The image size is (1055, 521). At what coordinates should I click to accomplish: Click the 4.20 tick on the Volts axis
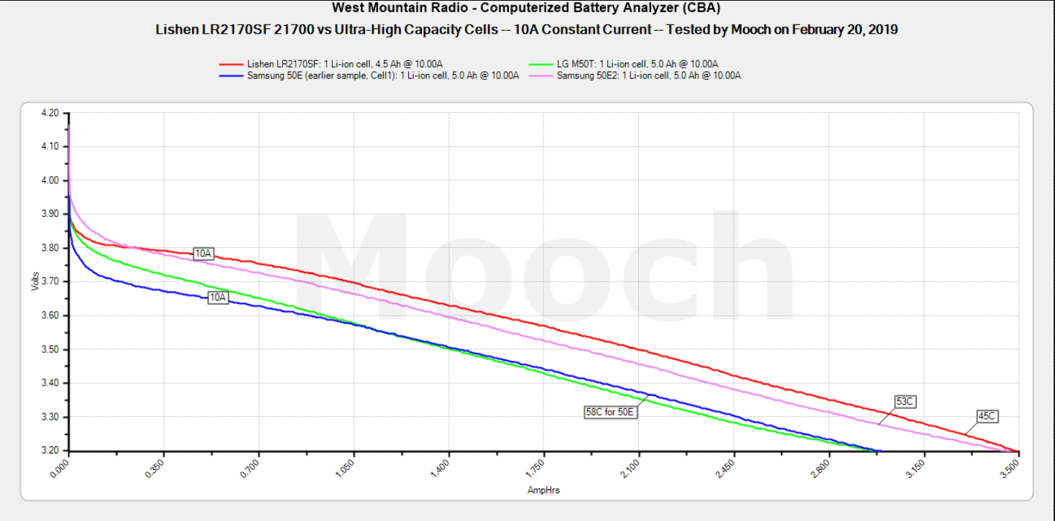pyautogui.click(x=50, y=113)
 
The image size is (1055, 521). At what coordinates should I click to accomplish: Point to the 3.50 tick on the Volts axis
pyautogui.click(x=50, y=349)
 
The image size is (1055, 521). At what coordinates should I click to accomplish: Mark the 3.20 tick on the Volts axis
pyautogui.click(x=50, y=451)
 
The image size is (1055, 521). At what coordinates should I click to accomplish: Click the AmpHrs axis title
pyautogui.click(x=543, y=490)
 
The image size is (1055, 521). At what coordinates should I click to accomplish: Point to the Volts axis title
pyautogui.click(x=35, y=281)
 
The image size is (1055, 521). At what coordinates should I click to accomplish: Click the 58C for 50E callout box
pyautogui.click(x=610, y=412)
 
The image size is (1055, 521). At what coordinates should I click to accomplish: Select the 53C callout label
pyautogui.click(x=905, y=401)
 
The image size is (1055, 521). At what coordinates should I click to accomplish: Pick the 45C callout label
pyautogui.click(x=987, y=415)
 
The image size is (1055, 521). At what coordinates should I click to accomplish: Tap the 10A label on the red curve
pyautogui.click(x=203, y=253)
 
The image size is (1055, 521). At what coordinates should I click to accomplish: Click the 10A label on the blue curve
pyautogui.click(x=218, y=297)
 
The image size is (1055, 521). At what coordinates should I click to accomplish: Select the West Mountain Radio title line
pyautogui.click(x=526, y=8)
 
